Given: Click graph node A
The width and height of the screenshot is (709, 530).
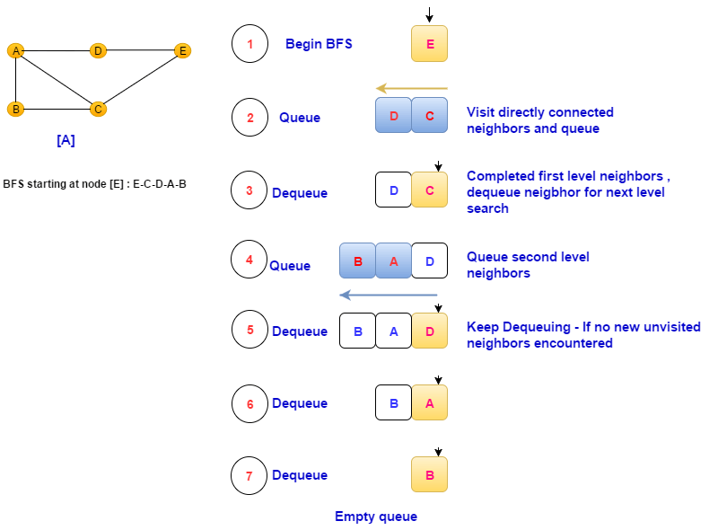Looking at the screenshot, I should click(15, 51).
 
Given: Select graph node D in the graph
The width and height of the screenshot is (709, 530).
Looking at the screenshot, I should click(98, 51).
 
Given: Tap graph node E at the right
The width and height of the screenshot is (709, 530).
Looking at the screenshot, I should click(182, 51).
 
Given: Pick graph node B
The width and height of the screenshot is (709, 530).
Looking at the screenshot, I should click(15, 109).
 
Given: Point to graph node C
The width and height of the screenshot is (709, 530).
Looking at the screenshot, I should click(98, 109).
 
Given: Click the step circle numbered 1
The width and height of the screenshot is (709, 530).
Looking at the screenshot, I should click(249, 44).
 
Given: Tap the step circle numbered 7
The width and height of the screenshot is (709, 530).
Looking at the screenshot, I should click(249, 475).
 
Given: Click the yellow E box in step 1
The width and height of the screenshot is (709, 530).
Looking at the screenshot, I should click(429, 44).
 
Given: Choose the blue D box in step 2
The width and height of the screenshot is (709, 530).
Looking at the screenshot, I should click(393, 116).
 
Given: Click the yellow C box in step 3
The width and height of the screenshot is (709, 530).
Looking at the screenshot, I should click(429, 190).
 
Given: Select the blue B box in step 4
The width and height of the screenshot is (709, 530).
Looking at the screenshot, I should click(357, 261).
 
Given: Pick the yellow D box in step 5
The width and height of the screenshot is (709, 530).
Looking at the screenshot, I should click(429, 331).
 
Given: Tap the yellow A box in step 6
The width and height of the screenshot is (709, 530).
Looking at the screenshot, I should click(429, 402).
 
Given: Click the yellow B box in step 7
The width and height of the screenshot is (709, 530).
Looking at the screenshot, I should click(429, 475).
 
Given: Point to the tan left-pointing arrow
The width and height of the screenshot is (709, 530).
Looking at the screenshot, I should click(411, 88).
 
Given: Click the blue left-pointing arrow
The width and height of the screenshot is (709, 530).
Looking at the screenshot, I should click(388, 295).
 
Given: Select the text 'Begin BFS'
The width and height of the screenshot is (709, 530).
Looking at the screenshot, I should click(319, 44).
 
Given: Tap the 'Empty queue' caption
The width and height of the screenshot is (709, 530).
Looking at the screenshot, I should click(376, 517).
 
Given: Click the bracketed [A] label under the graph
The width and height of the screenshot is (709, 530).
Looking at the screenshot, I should click(66, 140).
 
